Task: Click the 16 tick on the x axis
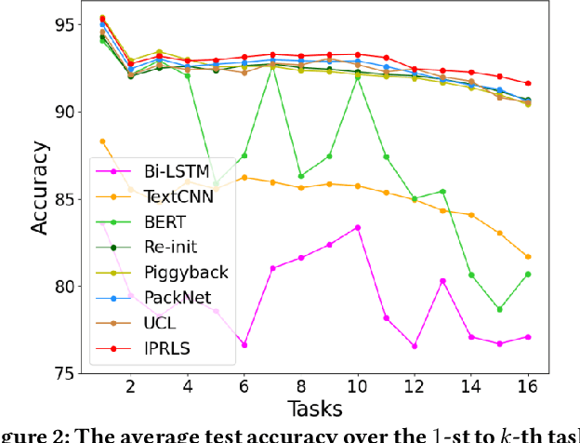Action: (x=554, y=386)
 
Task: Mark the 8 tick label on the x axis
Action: (x=300, y=386)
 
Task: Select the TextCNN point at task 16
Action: (x=555, y=257)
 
